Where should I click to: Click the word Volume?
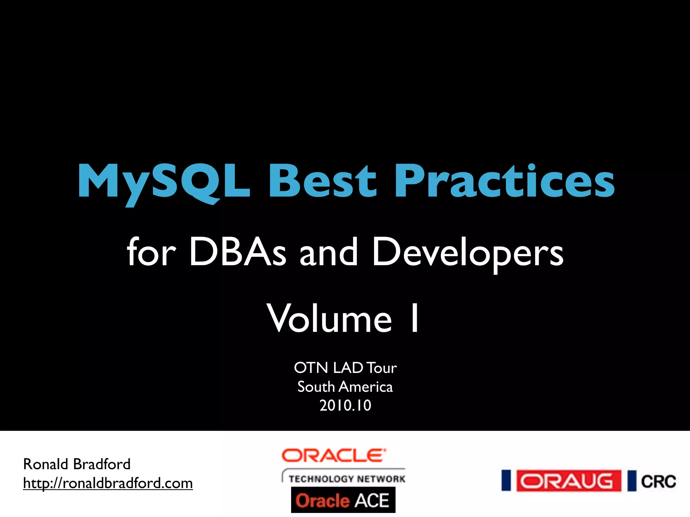tap(329, 318)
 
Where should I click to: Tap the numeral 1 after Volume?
tap(415, 318)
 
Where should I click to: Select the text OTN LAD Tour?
tap(345, 368)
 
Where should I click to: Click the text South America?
tap(345, 387)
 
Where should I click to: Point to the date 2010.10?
tap(345, 406)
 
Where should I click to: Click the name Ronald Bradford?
tap(77, 464)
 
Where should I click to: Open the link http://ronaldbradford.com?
tap(108, 483)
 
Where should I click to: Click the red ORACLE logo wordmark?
tap(334, 456)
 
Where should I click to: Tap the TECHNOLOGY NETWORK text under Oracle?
tap(346, 479)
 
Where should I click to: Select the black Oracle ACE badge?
tap(343, 500)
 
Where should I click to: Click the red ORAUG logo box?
tap(569, 481)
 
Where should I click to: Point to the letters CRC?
tap(658, 482)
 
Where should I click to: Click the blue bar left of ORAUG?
tap(506, 481)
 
